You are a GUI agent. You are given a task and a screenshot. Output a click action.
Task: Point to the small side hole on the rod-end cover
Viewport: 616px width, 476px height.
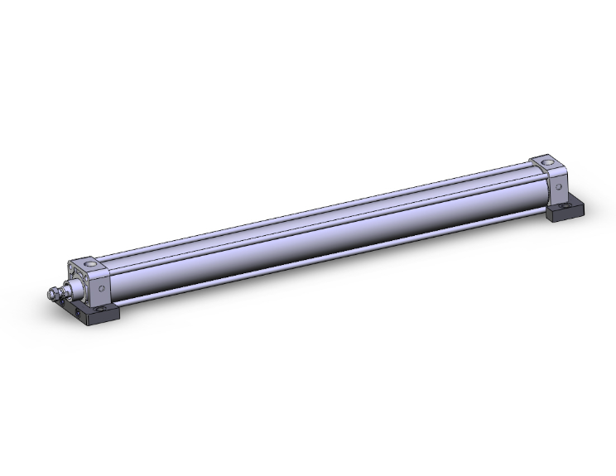pos(102,289)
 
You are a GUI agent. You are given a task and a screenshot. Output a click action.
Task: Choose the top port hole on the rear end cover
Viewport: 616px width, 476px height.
pos(546,161)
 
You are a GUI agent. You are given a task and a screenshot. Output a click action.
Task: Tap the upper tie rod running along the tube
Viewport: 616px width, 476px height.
pos(315,214)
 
